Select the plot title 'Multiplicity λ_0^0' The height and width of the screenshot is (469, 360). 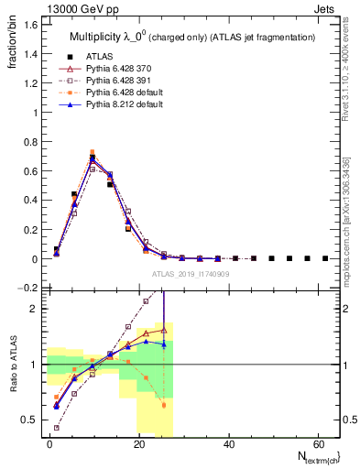point(108,37)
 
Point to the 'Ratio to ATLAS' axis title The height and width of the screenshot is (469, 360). point(13,365)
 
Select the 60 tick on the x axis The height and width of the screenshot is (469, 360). point(316,443)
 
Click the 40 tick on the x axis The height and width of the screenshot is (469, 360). point(227,443)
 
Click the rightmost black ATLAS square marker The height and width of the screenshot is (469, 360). point(325,258)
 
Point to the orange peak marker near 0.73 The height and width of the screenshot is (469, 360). point(92,152)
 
